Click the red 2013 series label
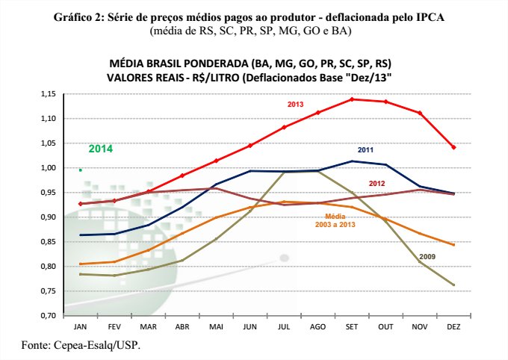point(295,104)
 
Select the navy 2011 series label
point(365,150)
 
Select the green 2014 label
point(101,149)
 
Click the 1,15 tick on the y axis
point(49,94)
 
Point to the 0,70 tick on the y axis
point(49,316)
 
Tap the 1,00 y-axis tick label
point(49,168)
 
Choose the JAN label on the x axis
point(80,328)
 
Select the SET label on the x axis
point(352,328)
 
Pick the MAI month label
point(216,328)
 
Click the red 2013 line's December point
point(453,147)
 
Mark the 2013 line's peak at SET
point(352,99)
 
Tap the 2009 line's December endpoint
point(453,285)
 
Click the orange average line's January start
point(80,264)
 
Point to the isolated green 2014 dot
point(80,170)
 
